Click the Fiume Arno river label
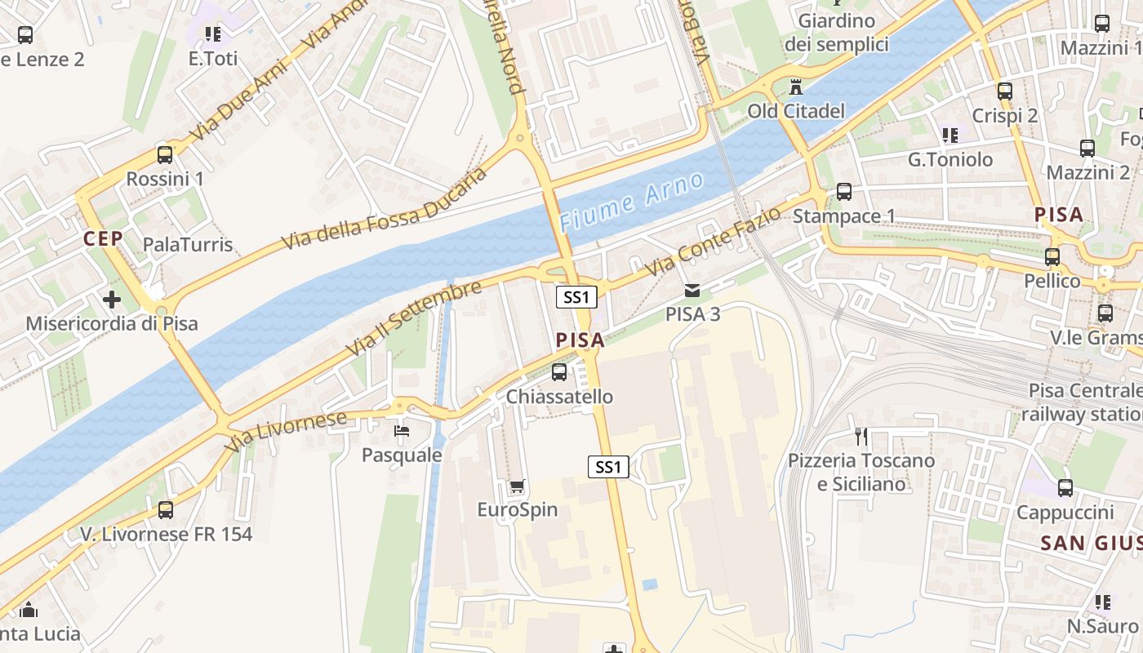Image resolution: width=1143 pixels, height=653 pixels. coord(631,202)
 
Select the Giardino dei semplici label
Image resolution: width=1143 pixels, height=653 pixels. coord(836,33)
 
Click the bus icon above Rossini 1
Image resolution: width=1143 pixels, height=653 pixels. coord(165,154)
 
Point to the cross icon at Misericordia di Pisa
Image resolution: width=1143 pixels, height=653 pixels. coord(112,300)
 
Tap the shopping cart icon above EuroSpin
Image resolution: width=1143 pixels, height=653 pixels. coord(517,487)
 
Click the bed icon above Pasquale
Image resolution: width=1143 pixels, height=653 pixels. coord(401,431)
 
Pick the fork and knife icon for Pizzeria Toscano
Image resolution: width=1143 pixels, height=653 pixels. coord(861,437)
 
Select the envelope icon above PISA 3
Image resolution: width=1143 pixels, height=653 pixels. coord(692,291)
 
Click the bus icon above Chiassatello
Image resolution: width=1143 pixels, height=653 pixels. coord(559,372)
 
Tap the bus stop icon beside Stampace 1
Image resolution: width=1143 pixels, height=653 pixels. coord(844,192)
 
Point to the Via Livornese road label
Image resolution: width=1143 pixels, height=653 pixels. coord(287,432)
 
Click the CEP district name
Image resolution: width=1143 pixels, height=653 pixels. coord(103,238)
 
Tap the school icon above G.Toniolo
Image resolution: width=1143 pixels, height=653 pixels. coord(950,135)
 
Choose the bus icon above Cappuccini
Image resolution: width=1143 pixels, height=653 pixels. coord(1065,488)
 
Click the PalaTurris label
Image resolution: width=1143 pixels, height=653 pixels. coord(188,245)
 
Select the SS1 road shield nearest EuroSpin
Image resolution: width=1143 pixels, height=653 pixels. coord(608,467)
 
